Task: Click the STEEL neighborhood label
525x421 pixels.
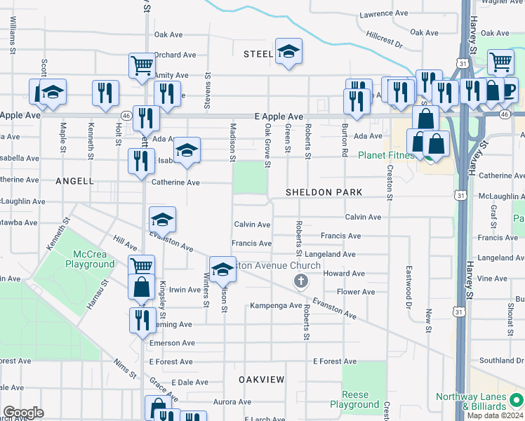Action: (x=258, y=54)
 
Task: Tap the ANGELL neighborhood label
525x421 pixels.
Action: (x=75, y=181)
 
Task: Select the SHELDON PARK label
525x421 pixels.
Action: (x=324, y=192)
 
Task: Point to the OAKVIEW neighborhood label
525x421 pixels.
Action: (x=261, y=380)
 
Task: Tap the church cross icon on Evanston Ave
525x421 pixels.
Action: (x=301, y=281)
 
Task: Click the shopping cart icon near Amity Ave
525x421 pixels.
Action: (x=142, y=65)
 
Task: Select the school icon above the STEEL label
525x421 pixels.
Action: (x=288, y=51)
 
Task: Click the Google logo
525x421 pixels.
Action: (x=23, y=412)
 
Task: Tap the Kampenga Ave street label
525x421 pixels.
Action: (x=276, y=306)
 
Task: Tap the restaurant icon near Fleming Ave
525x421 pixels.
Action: (x=142, y=319)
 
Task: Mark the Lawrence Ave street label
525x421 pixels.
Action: (x=383, y=13)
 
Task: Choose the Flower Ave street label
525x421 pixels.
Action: (x=356, y=292)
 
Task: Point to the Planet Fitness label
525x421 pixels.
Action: (x=386, y=155)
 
